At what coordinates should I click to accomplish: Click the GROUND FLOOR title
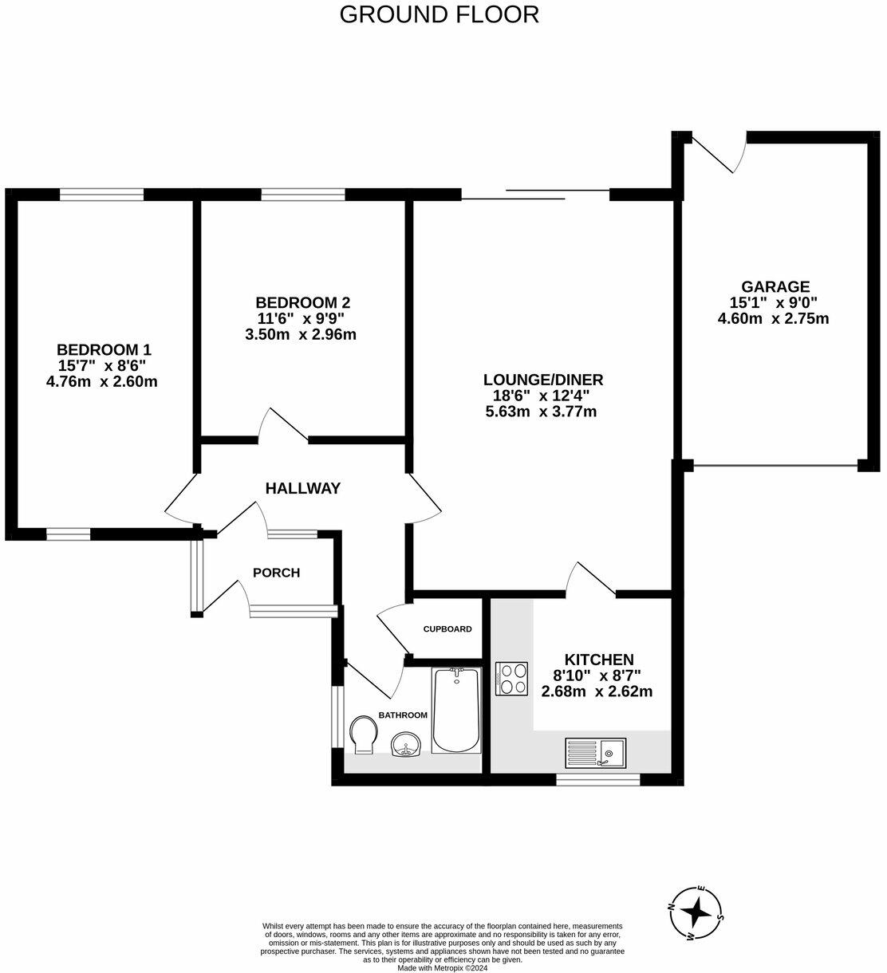(439, 14)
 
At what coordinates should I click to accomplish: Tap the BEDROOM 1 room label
(104, 349)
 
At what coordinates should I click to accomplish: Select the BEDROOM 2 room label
(302, 302)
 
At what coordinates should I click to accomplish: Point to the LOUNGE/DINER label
(543, 380)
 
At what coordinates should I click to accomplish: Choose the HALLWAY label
(303, 488)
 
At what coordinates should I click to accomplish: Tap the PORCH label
(276, 572)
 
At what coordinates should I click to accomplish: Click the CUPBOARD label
(447, 628)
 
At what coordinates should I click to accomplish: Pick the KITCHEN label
(599, 660)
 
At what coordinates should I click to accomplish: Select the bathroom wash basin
(407, 745)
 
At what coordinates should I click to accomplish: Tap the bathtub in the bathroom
(456, 710)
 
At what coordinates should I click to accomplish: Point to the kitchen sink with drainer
(596, 751)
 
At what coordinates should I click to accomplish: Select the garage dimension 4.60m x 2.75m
(774, 318)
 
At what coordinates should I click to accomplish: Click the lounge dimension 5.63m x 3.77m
(541, 412)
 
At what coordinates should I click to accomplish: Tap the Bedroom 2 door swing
(283, 425)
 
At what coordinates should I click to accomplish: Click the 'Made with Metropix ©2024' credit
(443, 968)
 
